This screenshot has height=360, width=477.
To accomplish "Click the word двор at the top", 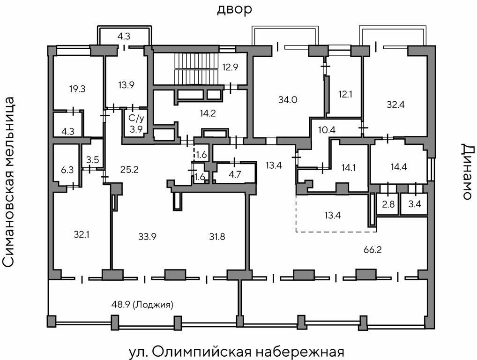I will (234, 9).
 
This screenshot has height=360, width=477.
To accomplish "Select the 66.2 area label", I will (373, 249).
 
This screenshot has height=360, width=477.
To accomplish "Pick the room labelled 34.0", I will (288, 99).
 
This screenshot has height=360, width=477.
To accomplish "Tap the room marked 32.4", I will (396, 105).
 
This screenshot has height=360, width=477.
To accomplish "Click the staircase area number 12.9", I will (231, 67).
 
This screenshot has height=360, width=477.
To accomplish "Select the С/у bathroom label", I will (136, 119).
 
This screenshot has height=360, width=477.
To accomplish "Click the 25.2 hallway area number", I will (129, 169).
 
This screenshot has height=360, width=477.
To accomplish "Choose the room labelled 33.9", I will (147, 236).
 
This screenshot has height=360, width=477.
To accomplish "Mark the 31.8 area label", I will (217, 236).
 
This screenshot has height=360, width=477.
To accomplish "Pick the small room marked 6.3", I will (67, 170).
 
